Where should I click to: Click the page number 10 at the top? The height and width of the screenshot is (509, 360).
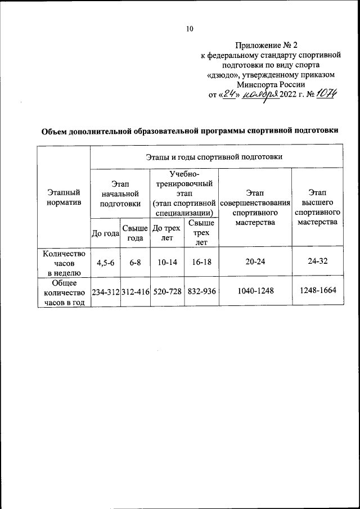tap(190, 29)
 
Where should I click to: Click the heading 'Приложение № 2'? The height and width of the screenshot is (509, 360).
tap(272, 45)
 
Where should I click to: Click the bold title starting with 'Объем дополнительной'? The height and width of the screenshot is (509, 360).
tap(190, 132)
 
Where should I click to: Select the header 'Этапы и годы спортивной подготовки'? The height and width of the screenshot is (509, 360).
tap(217, 156)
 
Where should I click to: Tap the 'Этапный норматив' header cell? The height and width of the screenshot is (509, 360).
tap(64, 197)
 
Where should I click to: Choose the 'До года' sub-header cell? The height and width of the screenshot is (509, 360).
tap(105, 233)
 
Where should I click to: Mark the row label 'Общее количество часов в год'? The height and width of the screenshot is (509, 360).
tap(64, 292)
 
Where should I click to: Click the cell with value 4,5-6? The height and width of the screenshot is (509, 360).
tap(105, 262)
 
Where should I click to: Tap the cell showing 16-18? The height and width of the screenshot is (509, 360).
tap(201, 262)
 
